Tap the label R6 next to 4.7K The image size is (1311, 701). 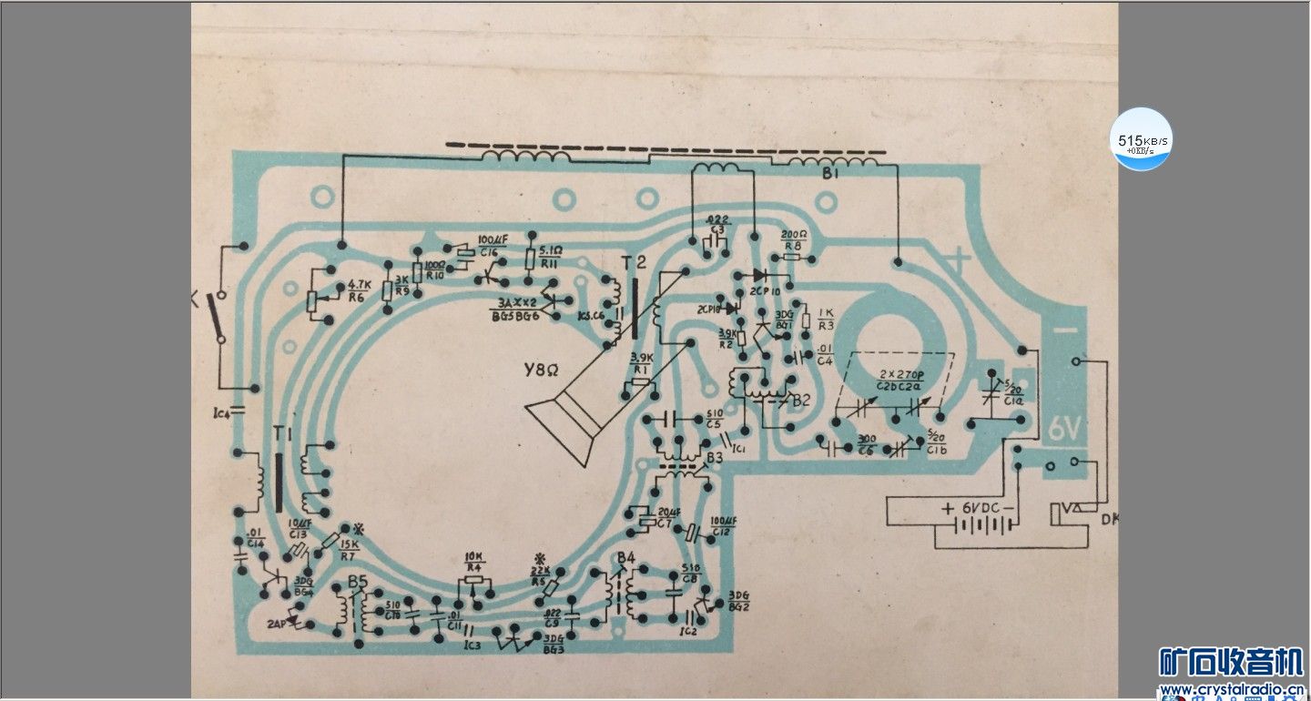357,297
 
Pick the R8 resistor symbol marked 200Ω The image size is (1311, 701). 792,258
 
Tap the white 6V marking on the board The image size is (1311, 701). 1063,429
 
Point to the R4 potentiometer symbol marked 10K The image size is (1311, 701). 473,583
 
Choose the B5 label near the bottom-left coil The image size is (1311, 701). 358,584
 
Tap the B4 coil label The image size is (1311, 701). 625,557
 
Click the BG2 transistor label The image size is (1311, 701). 737,606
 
